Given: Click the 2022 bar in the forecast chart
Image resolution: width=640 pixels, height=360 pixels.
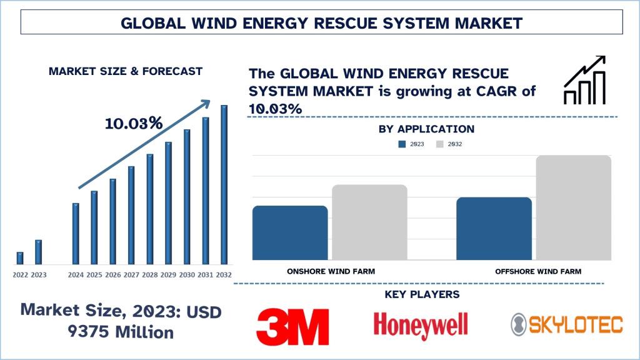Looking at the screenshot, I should tap(20, 257).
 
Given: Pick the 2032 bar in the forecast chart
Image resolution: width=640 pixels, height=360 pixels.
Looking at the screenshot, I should tap(224, 184).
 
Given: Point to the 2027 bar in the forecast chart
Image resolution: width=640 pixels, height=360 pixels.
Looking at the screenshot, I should tap(131, 214).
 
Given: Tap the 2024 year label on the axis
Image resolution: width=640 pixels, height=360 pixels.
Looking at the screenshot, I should tap(76, 274).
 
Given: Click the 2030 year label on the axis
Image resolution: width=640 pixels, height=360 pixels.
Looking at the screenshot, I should tap(187, 274).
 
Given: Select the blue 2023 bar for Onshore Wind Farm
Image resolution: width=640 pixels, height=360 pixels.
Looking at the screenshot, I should tap(290, 232).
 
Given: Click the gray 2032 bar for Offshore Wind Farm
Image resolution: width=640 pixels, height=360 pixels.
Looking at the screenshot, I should tap(573, 207).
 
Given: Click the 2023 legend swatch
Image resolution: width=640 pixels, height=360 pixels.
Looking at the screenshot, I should tap(402, 144).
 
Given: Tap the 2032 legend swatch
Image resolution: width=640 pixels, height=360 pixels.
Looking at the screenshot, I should tap(440, 144).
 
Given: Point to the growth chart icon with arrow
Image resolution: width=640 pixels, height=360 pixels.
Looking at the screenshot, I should tap(584, 80).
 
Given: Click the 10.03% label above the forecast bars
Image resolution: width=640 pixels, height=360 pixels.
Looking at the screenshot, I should tap(134, 123).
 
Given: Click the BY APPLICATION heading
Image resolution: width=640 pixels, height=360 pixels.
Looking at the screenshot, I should tap(426, 129).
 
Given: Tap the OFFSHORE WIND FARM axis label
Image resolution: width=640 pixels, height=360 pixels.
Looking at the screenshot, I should tap(538, 271).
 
